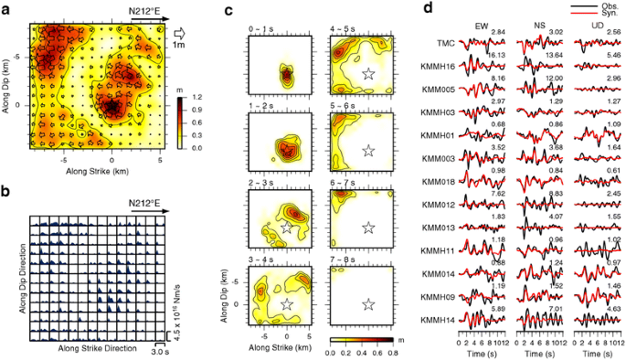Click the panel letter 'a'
[x=6, y=8]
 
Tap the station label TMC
[x=446, y=43]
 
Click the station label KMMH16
[x=440, y=67]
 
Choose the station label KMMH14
[x=440, y=321]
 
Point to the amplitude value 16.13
[x=498, y=56]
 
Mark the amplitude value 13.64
[x=553, y=56]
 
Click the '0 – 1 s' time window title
[x=261, y=30]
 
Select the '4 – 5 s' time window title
[x=343, y=30]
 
